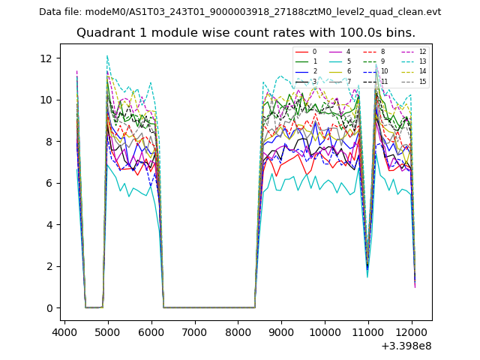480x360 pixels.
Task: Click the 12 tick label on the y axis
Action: coord(46,58)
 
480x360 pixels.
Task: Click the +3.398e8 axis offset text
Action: coord(406,346)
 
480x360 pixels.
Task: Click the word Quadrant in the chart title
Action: coord(102,33)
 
